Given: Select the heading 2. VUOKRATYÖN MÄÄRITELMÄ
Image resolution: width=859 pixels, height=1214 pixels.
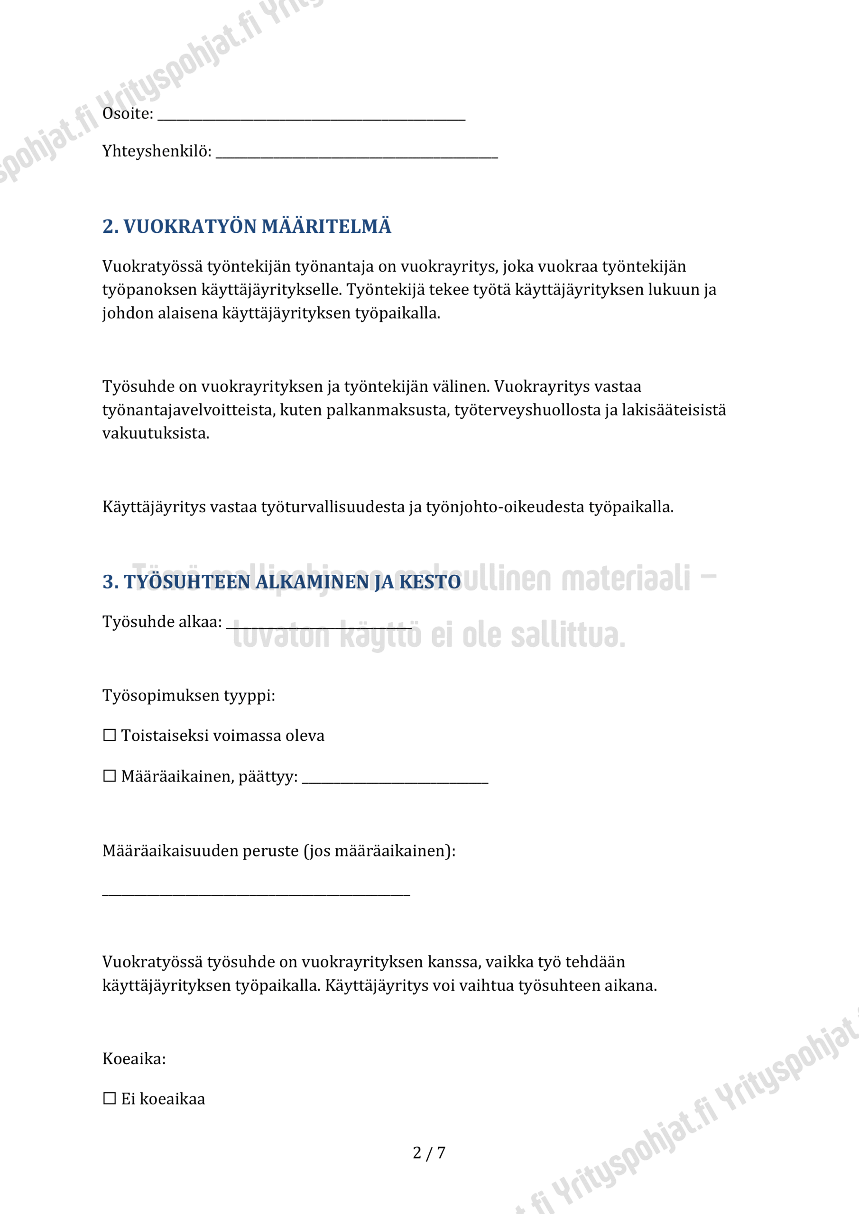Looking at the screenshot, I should click(x=247, y=226).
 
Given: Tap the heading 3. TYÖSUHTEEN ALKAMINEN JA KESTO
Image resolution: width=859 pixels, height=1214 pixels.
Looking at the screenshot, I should click(x=281, y=581).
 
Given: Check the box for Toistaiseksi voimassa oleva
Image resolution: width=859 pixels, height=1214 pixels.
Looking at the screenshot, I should click(x=110, y=736).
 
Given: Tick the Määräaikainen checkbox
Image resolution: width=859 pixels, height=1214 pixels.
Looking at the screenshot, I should click(x=110, y=776).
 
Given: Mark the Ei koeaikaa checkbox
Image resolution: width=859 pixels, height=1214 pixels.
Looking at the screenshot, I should click(x=110, y=1099).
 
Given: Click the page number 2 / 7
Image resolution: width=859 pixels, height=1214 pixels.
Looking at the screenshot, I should click(x=429, y=1153).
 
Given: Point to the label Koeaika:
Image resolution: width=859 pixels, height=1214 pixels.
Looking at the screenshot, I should click(x=134, y=1058).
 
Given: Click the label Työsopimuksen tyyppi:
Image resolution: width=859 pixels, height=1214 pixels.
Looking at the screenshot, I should click(x=189, y=695).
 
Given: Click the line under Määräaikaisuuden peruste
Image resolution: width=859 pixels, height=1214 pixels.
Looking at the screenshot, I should click(x=256, y=893).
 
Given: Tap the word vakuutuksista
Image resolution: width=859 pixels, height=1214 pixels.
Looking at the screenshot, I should click(x=156, y=433).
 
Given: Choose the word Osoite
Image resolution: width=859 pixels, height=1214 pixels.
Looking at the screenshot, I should click(x=127, y=114).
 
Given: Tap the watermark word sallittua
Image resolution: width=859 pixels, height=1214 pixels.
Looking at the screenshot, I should click(x=568, y=635).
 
